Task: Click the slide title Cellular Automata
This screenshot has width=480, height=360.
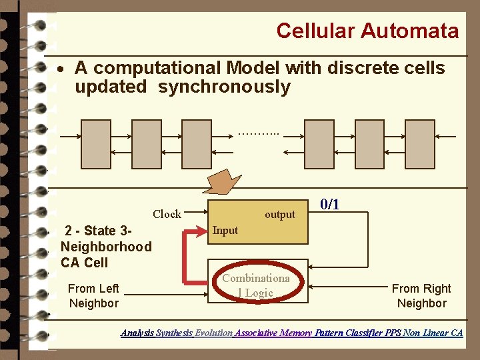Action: pyautogui.click(x=367, y=31)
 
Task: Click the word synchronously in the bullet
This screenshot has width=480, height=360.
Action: pyautogui.click(x=224, y=87)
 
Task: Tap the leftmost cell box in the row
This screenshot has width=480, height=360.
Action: pyautogui.click(x=96, y=144)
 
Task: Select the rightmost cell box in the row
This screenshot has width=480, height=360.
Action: pyautogui.click(x=419, y=144)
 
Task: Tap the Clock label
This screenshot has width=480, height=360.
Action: pyautogui.click(x=167, y=214)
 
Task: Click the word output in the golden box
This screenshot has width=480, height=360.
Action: pyautogui.click(x=279, y=214)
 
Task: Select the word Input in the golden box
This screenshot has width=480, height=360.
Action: pyautogui.click(x=225, y=230)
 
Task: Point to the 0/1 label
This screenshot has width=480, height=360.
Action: pyautogui.click(x=330, y=204)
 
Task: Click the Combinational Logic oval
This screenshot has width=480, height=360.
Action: pyautogui.click(x=257, y=285)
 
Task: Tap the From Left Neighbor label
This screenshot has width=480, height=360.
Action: pyautogui.click(x=93, y=295)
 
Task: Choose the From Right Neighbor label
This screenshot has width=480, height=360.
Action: pyautogui.click(x=421, y=295)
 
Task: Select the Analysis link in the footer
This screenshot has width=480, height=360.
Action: pyautogui.click(x=137, y=333)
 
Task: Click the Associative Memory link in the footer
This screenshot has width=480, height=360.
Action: pyautogui.click(x=273, y=333)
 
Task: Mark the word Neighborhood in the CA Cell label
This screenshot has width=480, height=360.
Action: pyautogui.click(x=106, y=247)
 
